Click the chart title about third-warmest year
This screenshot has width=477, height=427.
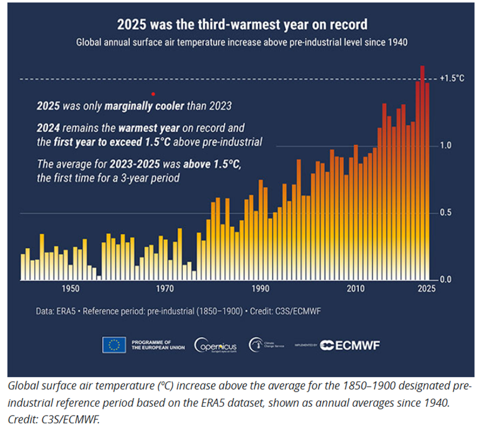click(x=242, y=25)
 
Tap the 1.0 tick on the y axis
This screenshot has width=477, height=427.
click(x=445, y=146)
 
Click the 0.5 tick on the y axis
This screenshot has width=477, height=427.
click(x=445, y=213)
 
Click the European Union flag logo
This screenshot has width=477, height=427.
click(x=114, y=344)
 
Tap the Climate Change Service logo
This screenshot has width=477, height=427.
click(x=268, y=344)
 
